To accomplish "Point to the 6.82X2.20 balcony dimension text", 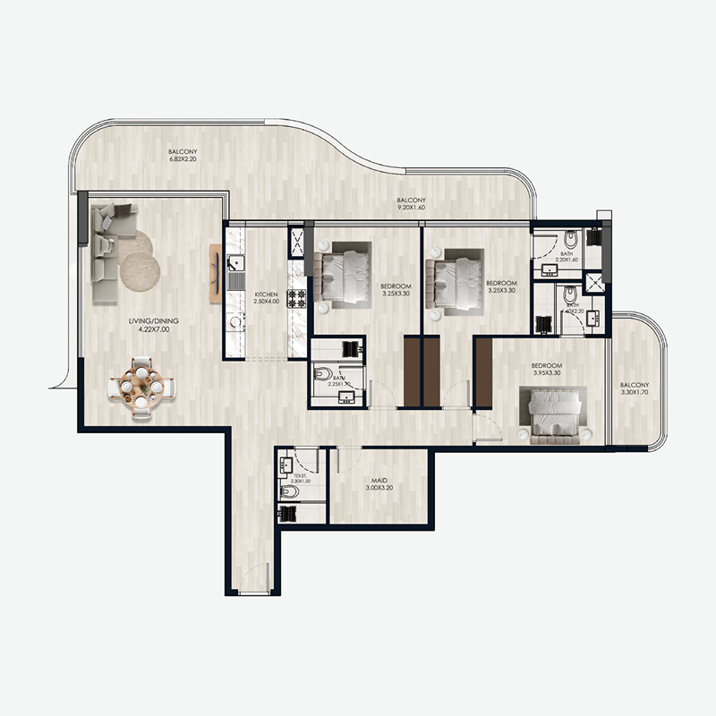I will (183, 161).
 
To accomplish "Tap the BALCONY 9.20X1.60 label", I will (411, 204).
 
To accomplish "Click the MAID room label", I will (379, 486).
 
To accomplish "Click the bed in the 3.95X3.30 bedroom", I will (551, 412).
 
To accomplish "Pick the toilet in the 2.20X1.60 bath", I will (572, 242).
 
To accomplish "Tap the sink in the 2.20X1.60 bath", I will (547, 269).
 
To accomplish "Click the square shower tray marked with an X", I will (593, 282).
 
